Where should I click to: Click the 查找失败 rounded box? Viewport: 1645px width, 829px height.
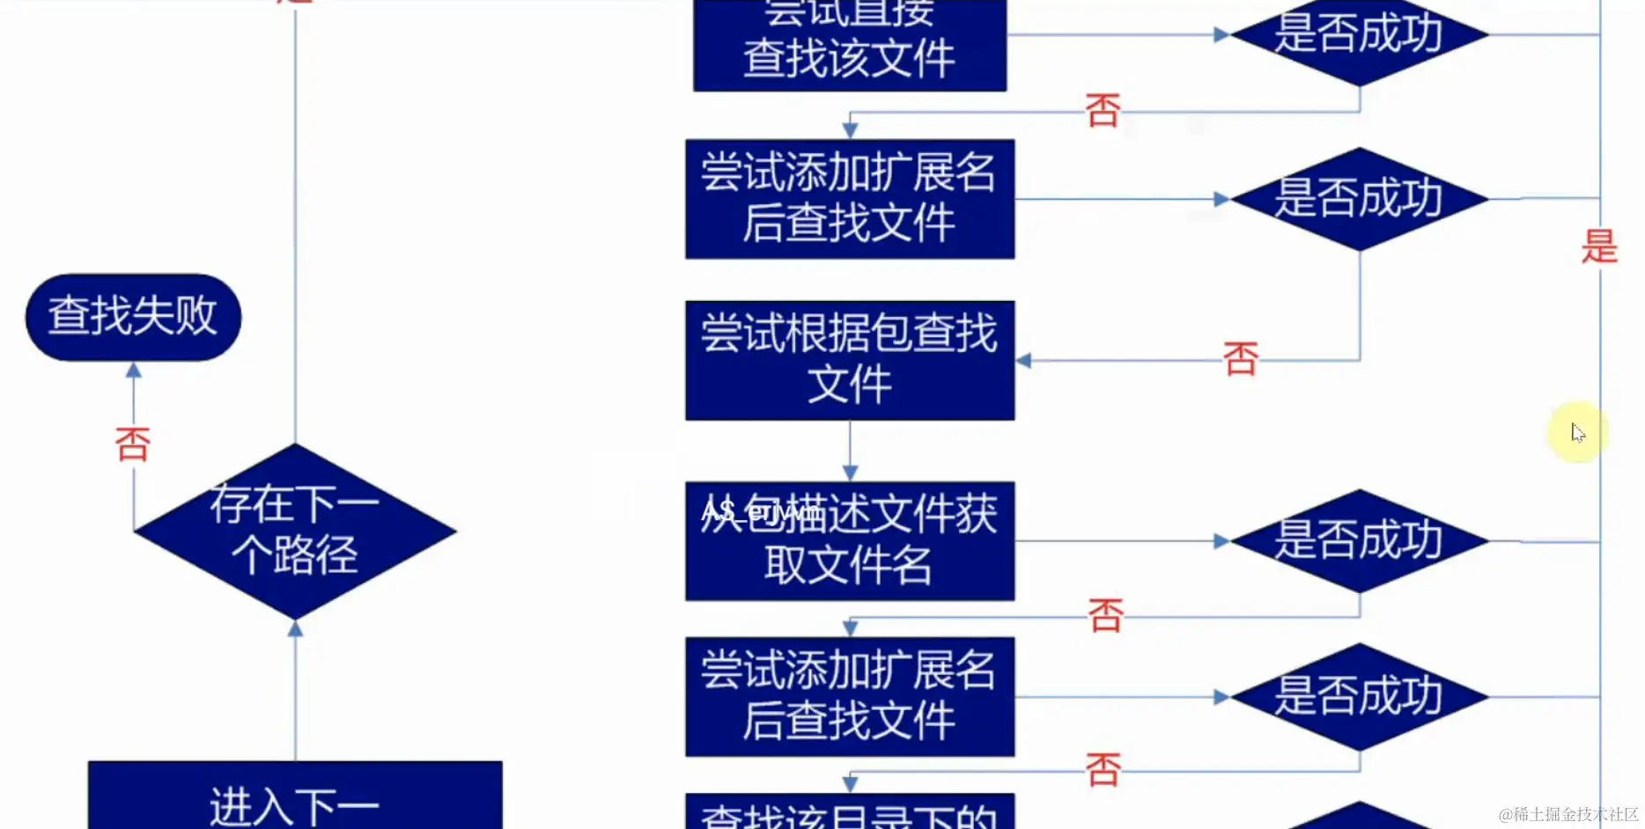(133, 317)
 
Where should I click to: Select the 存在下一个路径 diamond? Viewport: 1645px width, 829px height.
(295, 531)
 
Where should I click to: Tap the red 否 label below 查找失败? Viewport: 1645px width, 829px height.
(133, 444)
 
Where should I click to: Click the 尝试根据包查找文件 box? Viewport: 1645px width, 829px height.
(850, 360)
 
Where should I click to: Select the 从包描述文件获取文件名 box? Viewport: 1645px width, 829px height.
(850, 540)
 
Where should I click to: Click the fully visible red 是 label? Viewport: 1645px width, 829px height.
(1599, 246)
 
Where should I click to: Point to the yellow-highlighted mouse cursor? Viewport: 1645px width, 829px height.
(1577, 432)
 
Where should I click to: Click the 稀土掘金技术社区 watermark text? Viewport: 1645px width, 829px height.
(1568, 814)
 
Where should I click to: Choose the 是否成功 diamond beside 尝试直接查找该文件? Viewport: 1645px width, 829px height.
(1359, 35)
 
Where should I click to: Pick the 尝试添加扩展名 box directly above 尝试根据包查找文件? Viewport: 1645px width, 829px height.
(850, 199)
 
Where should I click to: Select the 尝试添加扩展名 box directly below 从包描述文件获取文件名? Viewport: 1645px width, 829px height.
(850, 696)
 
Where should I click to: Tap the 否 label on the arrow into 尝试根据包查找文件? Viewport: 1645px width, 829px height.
(1240, 359)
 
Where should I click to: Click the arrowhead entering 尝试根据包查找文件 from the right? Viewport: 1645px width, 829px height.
(1023, 360)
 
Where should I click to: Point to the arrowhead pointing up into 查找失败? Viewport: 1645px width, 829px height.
(134, 370)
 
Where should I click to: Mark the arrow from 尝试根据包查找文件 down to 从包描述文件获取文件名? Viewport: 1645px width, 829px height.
(850, 451)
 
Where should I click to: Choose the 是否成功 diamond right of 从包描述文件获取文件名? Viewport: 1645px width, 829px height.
(1359, 540)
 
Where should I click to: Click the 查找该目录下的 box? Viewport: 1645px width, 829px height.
(850, 814)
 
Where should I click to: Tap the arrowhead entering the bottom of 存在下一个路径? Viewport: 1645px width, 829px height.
(295, 628)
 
